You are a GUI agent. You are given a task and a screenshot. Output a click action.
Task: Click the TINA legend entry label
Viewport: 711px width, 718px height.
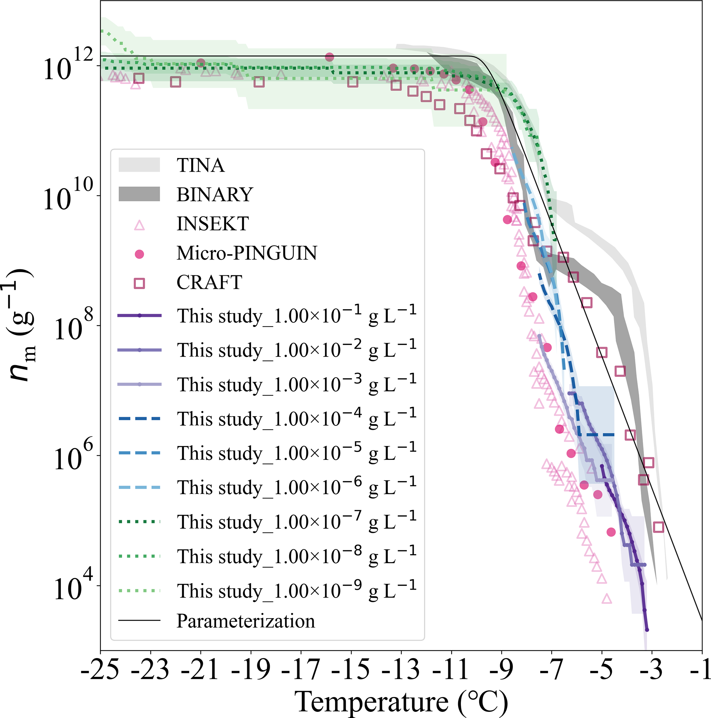pyautogui.click(x=200, y=165)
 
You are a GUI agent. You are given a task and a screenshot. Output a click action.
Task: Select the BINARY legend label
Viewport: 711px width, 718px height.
pyautogui.click(x=215, y=194)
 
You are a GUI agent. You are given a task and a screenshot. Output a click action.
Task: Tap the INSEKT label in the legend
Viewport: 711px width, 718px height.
pyautogui.click(x=213, y=224)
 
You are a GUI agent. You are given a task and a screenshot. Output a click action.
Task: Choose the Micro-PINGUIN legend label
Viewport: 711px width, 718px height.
pyautogui.click(x=247, y=253)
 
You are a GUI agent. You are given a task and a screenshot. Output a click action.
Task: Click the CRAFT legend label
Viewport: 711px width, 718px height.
pyautogui.click(x=209, y=283)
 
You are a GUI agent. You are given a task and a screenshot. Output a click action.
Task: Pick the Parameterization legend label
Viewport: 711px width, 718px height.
pyautogui.click(x=246, y=621)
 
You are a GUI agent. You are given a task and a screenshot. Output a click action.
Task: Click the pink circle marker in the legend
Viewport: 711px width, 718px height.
pyautogui.click(x=139, y=254)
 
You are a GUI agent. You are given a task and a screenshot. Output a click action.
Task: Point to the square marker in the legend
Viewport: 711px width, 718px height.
pyautogui.click(x=139, y=284)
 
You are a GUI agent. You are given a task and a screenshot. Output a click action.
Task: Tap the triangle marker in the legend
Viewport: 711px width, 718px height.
pyautogui.click(x=139, y=225)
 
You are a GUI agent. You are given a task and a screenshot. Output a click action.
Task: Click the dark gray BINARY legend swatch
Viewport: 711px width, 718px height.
pyautogui.click(x=139, y=194)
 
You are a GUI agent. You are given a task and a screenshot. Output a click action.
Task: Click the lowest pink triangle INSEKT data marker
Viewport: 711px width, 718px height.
pyautogui.click(x=607, y=599)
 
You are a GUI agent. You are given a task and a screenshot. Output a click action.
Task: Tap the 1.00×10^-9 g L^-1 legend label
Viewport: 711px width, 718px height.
pyautogui.click(x=297, y=590)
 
